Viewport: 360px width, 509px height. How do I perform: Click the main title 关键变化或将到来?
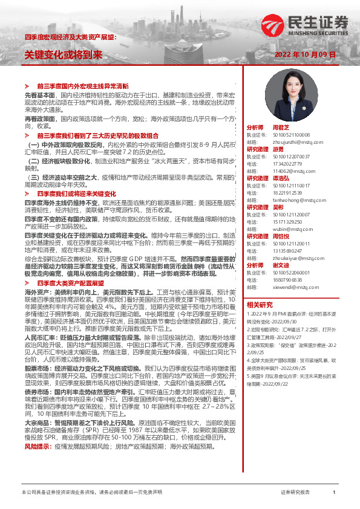click(63, 54)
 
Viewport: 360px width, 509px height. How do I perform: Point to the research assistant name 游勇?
click(278, 149)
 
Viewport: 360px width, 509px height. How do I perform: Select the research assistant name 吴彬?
click(278, 207)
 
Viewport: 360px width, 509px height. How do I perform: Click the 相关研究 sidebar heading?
click(260, 304)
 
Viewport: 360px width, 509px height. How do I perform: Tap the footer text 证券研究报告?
click(295, 493)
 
